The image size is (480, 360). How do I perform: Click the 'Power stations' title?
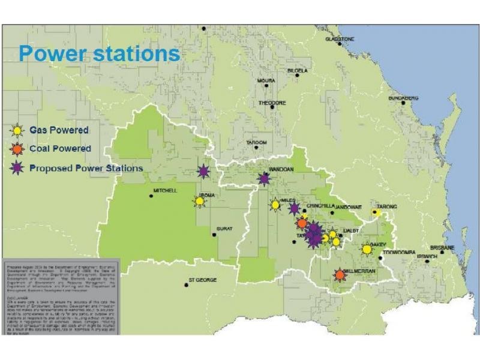pos(99,53)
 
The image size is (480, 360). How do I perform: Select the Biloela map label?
pos(298,71)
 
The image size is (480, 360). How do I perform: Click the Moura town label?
pos(266,80)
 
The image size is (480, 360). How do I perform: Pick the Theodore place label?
pos(272,103)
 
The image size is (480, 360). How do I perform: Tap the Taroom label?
pos(256,142)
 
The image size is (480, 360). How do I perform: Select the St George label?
pos(202,280)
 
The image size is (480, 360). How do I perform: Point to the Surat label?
pos(224,229)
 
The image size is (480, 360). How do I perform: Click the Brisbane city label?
pos(442,247)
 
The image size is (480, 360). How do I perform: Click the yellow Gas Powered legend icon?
pos(19,131)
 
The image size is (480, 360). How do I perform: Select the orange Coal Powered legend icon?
pos(19,149)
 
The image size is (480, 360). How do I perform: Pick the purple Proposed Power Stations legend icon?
pos(19,168)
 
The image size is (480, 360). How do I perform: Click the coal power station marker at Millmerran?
pos(340,275)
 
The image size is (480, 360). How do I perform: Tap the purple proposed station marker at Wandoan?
pos(264,179)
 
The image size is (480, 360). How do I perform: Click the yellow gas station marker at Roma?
pos(200,201)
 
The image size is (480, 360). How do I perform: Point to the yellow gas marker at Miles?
pos(275,205)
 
